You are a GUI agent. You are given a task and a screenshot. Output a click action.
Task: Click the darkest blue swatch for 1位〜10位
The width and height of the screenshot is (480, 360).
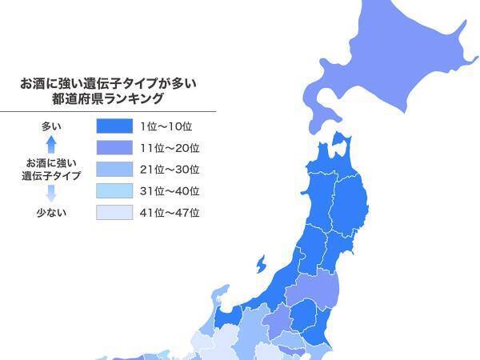113,126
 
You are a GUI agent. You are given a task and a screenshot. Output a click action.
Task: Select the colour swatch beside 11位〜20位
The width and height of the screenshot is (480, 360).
113,148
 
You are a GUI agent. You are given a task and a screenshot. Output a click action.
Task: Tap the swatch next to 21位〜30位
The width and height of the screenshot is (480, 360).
113,170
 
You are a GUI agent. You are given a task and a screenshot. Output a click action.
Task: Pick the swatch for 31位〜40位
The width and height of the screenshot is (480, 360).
113,191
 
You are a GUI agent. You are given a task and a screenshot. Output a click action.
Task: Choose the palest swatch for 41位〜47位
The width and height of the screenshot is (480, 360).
113,213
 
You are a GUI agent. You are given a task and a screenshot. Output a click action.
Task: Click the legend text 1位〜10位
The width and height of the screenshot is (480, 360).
169,126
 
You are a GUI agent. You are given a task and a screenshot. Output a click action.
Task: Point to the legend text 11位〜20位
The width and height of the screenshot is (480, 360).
169,148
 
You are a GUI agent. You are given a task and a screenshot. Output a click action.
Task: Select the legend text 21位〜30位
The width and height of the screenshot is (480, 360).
169,170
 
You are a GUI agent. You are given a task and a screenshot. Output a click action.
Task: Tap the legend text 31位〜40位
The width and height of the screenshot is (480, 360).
169,191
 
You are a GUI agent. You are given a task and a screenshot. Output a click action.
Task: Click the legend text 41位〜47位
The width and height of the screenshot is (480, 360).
169,213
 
